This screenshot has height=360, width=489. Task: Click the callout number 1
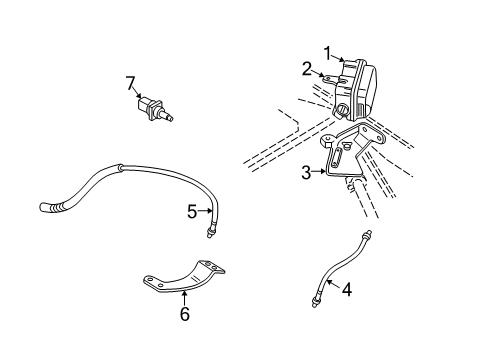click(x=326, y=52)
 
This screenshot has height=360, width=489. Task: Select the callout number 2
click(x=308, y=68)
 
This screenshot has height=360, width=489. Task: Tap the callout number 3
click(x=306, y=172)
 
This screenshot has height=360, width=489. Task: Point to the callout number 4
click(x=346, y=291)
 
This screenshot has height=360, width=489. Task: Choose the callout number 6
click(x=184, y=313)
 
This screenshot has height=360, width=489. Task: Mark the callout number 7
click(x=130, y=82)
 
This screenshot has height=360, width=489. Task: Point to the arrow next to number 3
click(x=319, y=172)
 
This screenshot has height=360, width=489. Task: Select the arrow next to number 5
click(x=205, y=211)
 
